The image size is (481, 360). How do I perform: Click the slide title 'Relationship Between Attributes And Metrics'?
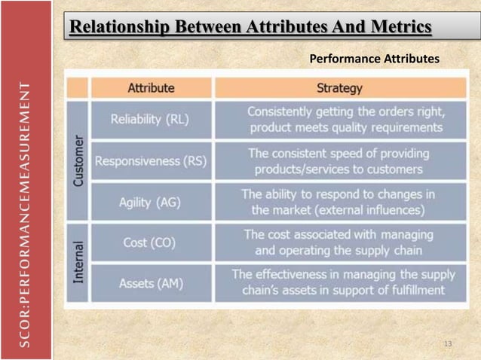pyautogui.click(x=250, y=28)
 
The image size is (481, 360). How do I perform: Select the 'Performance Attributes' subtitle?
pyautogui.click(x=374, y=58)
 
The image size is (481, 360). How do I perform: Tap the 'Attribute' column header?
pyautogui.click(x=151, y=88)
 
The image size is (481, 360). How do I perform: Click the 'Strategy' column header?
pyautogui.click(x=339, y=88)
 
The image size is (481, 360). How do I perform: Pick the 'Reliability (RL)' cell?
pyautogui.click(x=150, y=120)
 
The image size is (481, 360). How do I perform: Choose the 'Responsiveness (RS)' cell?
pyautogui.click(x=149, y=161)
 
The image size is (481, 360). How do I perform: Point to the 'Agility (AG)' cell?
pyautogui.click(x=149, y=203)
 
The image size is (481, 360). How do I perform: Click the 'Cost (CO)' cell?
pyautogui.click(x=149, y=243)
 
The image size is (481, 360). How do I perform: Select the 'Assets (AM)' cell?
pyautogui.click(x=149, y=284)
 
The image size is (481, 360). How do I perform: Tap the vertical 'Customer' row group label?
pyautogui.click(x=78, y=161)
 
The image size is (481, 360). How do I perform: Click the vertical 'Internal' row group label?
pyautogui.click(x=78, y=263)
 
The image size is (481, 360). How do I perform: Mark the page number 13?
pyautogui.click(x=448, y=344)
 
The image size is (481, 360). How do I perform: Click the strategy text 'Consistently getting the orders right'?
pyautogui.click(x=346, y=111)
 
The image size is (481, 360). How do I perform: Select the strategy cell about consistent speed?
pyautogui.click(x=339, y=161)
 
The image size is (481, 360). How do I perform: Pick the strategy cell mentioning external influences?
pyautogui.click(x=339, y=202)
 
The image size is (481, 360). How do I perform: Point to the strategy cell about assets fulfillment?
pyautogui.click(x=339, y=282)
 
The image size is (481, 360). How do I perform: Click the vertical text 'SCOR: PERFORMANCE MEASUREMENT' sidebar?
pyautogui.click(x=25, y=215)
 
